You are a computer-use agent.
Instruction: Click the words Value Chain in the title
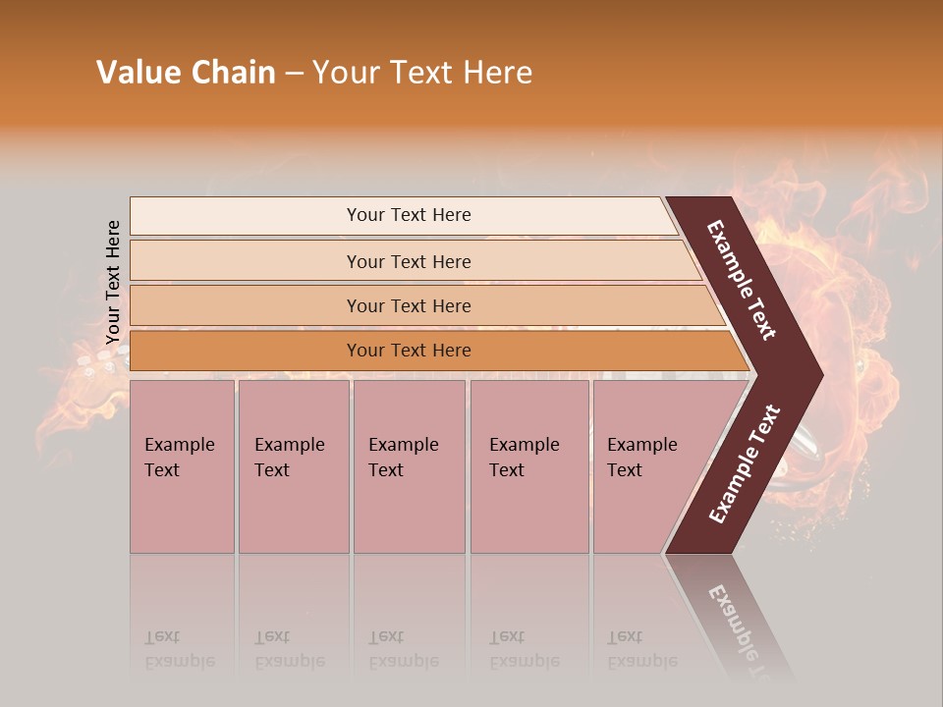pos(186,73)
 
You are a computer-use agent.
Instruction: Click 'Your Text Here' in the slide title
pos(422,73)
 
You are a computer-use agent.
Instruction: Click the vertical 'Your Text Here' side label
pos(113,283)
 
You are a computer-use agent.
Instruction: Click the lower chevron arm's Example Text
pos(745,463)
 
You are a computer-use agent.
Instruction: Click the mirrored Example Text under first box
pos(179,650)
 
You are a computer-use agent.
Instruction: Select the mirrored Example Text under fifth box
pos(641,650)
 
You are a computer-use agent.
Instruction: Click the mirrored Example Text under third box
pos(403,650)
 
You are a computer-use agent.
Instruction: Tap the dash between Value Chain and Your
pos(294,74)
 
